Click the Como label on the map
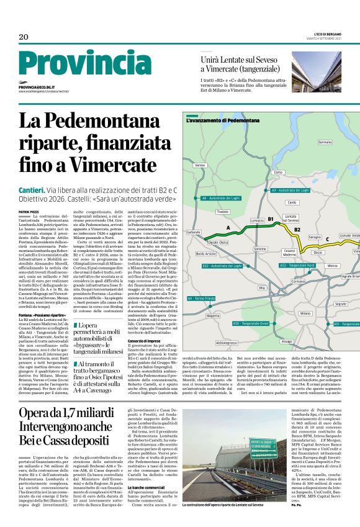point(278,172)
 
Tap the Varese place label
point(200,166)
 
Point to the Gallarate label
point(194,232)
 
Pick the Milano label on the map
point(305,313)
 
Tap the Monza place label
point(332,266)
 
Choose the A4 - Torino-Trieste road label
point(202,299)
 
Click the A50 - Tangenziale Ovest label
point(251,323)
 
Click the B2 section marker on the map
point(297,230)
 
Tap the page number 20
point(24,37)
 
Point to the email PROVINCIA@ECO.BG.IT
point(37,88)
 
